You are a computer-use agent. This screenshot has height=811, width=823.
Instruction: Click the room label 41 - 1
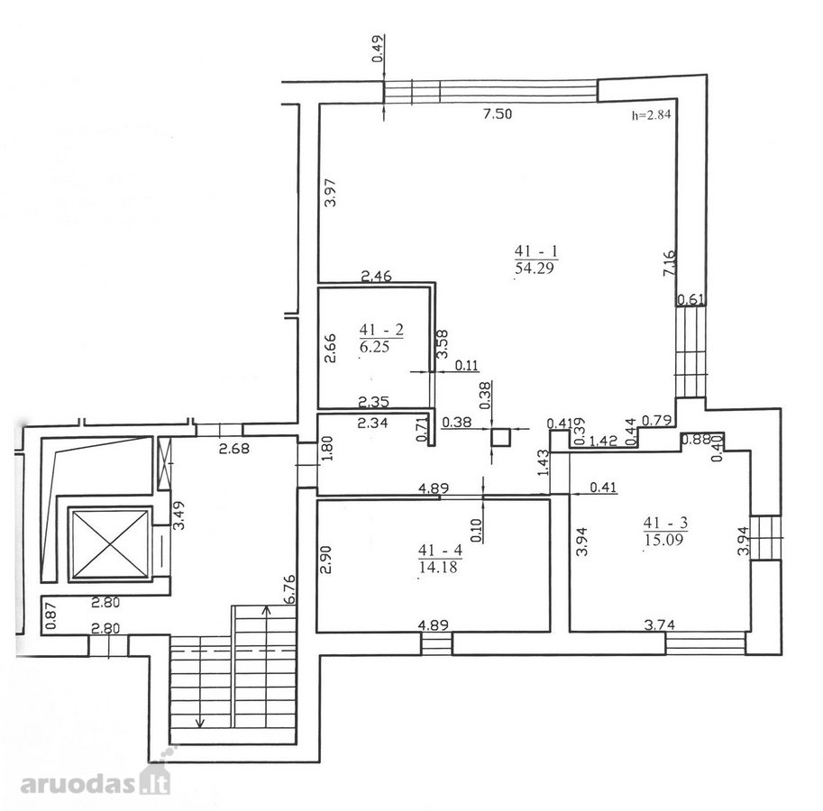(537, 251)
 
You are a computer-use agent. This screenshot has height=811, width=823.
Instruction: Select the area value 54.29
(535, 269)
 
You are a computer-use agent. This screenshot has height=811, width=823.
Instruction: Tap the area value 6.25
(375, 347)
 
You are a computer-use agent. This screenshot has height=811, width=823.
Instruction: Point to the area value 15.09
(663, 540)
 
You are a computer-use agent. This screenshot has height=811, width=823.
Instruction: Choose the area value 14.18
(438, 567)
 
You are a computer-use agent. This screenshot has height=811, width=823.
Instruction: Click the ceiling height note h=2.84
(652, 115)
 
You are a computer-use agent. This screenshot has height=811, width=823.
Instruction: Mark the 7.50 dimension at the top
(498, 114)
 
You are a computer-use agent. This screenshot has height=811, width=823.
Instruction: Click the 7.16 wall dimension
(670, 263)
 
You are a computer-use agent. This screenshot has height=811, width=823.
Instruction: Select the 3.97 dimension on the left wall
(331, 193)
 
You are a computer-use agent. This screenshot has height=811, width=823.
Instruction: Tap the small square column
(500, 438)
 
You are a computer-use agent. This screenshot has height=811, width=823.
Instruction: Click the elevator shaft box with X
(109, 544)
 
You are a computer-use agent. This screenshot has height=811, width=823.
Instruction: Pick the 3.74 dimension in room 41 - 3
(660, 624)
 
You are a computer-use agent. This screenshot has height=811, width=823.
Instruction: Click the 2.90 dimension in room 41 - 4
(325, 560)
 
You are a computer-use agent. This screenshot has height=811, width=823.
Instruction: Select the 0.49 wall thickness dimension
(378, 49)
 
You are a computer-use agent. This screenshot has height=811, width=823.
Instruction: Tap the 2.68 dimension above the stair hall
(234, 449)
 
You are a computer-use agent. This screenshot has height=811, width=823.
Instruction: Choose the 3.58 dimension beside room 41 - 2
(443, 343)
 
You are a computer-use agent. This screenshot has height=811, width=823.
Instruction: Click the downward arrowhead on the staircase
(200, 724)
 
